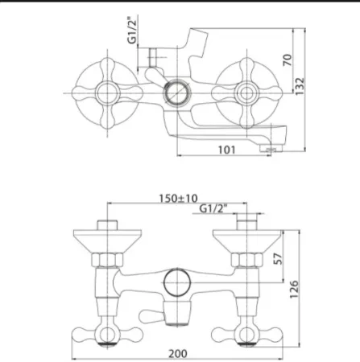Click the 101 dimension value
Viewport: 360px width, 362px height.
226,150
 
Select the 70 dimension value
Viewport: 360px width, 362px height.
287,60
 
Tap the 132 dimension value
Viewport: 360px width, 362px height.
300,86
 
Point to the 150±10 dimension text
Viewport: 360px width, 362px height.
178,199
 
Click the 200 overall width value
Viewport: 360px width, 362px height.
178,354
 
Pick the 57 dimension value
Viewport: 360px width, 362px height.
278,258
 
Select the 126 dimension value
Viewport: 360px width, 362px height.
294,289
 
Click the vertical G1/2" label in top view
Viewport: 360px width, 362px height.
132,31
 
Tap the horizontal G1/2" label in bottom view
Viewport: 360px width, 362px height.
213,208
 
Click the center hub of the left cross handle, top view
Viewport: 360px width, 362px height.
107,93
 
